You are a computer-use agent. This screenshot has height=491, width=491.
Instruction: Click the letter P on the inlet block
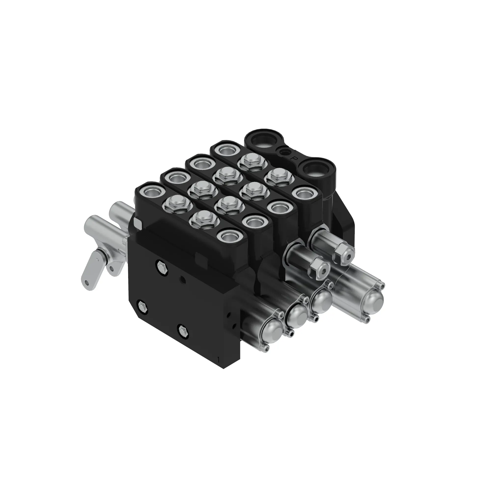point(295,158)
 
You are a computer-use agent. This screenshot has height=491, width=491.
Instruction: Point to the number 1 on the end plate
point(218,359)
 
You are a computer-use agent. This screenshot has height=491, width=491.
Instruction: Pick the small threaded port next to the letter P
point(284,152)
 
